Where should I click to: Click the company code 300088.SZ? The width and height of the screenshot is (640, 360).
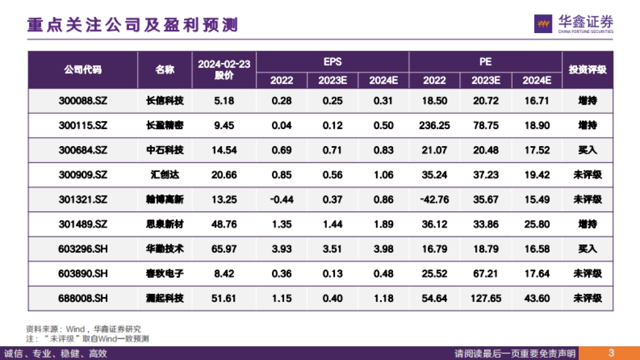click(x=83, y=101)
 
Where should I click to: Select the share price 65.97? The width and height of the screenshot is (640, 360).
click(x=224, y=249)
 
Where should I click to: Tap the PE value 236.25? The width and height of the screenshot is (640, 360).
click(x=434, y=126)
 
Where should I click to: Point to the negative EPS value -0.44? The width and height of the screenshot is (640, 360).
click(x=281, y=199)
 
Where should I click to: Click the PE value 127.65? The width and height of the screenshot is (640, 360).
click(x=485, y=299)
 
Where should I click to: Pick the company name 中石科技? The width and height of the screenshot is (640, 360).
click(x=164, y=150)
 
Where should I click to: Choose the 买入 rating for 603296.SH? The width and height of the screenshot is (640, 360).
click(x=587, y=249)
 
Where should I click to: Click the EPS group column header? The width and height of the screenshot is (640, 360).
click(x=332, y=61)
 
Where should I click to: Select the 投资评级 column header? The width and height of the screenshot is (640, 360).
click(x=587, y=70)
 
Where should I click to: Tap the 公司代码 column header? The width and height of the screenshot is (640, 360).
click(x=83, y=70)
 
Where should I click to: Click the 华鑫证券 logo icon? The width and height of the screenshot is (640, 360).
click(x=543, y=24)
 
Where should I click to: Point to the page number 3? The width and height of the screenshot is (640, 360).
click(x=611, y=353)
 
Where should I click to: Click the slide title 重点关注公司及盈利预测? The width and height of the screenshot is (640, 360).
click(x=132, y=25)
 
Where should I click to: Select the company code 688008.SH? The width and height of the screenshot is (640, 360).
click(x=83, y=299)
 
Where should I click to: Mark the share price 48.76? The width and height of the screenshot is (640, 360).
click(x=224, y=225)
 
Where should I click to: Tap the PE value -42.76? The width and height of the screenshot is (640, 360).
click(x=434, y=199)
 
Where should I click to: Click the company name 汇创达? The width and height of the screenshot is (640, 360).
click(x=164, y=175)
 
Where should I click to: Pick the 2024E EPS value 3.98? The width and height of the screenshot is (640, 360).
click(x=383, y=249)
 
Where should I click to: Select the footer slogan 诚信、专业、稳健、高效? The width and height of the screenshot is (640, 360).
click(x=56, y=353)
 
